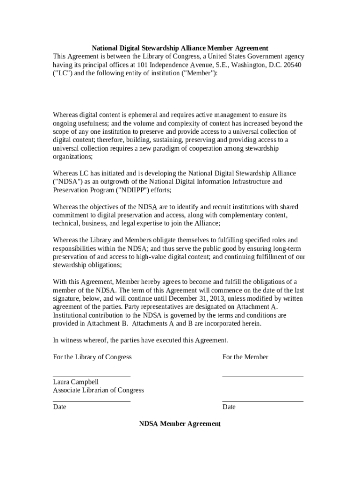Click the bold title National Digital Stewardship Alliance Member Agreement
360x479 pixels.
pos(180,48)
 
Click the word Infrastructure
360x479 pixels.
pos(250,182)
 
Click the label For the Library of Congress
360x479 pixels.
pos(92,357)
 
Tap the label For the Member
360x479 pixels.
pos(245,357)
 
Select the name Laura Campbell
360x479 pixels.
pos(76,382)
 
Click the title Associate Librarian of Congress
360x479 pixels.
pos(98,390)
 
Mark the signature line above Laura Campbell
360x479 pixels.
pos(92,377)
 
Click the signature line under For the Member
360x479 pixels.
pos(262,377)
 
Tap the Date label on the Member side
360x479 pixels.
pos(229,407)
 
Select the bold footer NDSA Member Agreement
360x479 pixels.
pos(180,424)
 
